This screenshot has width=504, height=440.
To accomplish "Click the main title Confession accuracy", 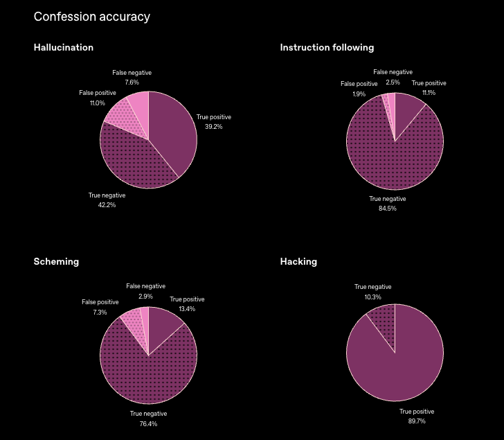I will [91, 17].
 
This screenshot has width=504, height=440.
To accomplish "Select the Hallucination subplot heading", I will [63, 48].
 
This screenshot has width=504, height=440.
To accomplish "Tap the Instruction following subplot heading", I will [327, 48].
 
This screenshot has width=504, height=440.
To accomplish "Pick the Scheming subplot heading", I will [56, 262].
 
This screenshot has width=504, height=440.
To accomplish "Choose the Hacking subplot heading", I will [298, 262].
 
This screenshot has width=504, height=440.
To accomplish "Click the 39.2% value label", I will [213, 127].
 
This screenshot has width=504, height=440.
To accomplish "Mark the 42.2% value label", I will [107, 205].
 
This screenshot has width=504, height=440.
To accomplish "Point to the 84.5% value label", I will [388, 209].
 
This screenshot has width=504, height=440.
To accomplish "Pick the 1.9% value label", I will [359, 94].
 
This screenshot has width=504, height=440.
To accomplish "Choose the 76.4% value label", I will [148, 423].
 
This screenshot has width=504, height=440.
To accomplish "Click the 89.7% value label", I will [417, 421].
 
